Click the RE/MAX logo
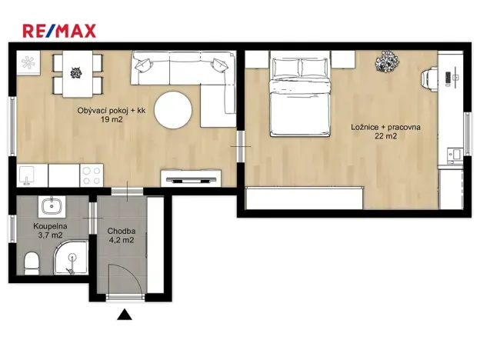pyautogui.click(x=59, y=31)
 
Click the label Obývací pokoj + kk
pyautogui.click(x=111, y=112)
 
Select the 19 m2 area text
pyautogui.click(x=111, y=121)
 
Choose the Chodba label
pyautogui.click(x=122, y=230)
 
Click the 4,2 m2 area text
pyautogui.click(x=122, y=239)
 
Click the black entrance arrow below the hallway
pyautogui.click(x=122, y=313)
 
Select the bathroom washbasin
pyautogui.click(x=51, y=205)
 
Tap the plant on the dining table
pyautogui.click(x=75, y=74)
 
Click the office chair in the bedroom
pyautogui.click(x=428, y=76)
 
